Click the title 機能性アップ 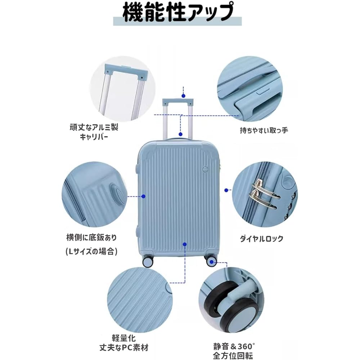click(x=178, y=12)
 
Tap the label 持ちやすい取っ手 click(x=264, y=130)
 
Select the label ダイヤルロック click(x=261, y=239)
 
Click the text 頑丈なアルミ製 click(x=94, y=127)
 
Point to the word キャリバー click(x=94, y=137)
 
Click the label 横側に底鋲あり click(x=91, y=237)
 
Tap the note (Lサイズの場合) click(x=91, y=251)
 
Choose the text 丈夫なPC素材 click(x=124, y=348)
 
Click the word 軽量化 click(x=124, y=338)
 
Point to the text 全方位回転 click(x=233, y=356)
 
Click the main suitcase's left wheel click(x=148, y=261)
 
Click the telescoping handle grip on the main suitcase click(x=178, y=102)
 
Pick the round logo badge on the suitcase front click(x=206, y=170)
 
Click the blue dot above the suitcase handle click(x=183, y=96)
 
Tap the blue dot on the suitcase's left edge click(x=144, y=196)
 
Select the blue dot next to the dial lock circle click(x=226, y=190)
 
